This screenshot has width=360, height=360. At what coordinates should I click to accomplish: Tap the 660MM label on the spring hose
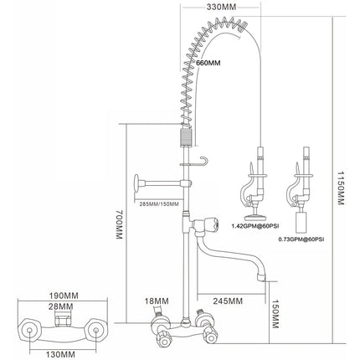tap(208, 63)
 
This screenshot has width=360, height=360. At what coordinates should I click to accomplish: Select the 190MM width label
tap(64, 296)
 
